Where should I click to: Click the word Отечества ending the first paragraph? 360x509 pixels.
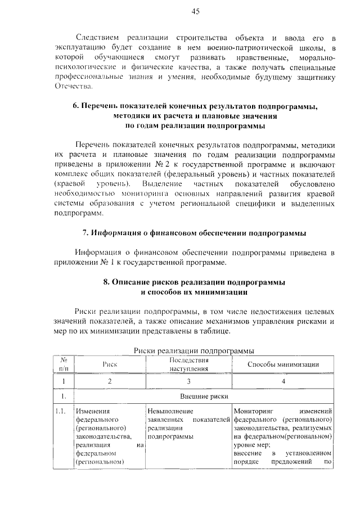click(x=73, y=87)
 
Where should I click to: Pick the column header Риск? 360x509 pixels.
click(x=109, y=364)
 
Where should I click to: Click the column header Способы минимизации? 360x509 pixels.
click(x=283, y=364)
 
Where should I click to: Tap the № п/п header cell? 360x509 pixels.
click(x=64, y=364)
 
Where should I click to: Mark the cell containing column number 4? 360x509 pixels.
click(x=283, y=381)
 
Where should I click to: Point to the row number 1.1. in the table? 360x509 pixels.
click(x=62, y=411)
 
